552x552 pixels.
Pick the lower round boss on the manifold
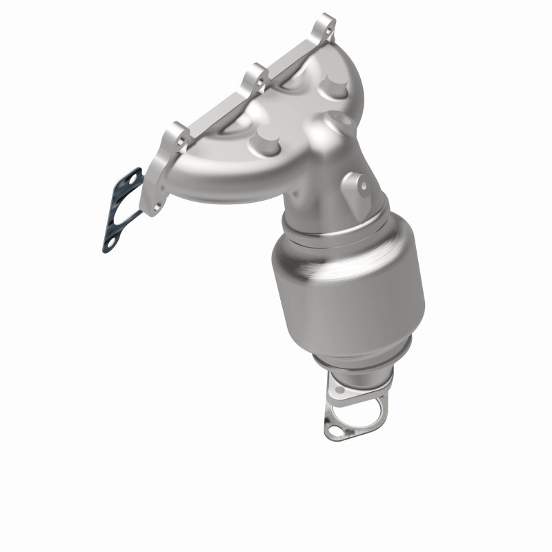click(x=264, y=144)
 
